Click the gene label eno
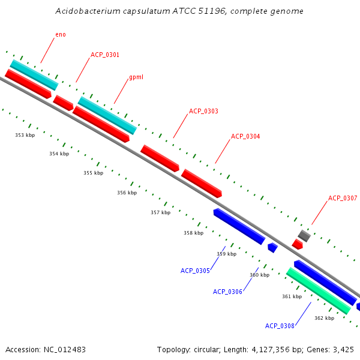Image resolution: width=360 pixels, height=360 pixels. (61, 35)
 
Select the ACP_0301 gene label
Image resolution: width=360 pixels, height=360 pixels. (105, 55)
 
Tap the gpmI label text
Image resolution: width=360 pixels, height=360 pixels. (136, 78)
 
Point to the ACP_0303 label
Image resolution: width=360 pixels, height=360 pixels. (203, 112)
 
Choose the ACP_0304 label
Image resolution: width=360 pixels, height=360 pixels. (245, 137)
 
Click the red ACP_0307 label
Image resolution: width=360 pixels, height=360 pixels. (343, 199)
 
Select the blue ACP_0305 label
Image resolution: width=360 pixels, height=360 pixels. (195, 271)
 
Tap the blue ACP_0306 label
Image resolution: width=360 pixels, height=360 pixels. (227, 292)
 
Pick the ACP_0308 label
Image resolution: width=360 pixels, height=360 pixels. (280, 326)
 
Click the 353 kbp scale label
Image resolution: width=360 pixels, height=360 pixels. (25, 136)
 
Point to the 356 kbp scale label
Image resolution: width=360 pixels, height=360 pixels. (127, 193)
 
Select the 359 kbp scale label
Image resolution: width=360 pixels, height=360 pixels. (226, 254)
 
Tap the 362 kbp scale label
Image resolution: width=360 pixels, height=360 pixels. (324, 319)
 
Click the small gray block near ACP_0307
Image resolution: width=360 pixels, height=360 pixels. (304, 236)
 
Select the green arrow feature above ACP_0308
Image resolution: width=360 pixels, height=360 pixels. (318, 290)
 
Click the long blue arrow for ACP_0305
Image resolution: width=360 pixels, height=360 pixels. (239, 226)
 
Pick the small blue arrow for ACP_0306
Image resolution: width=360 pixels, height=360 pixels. (272, 247)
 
